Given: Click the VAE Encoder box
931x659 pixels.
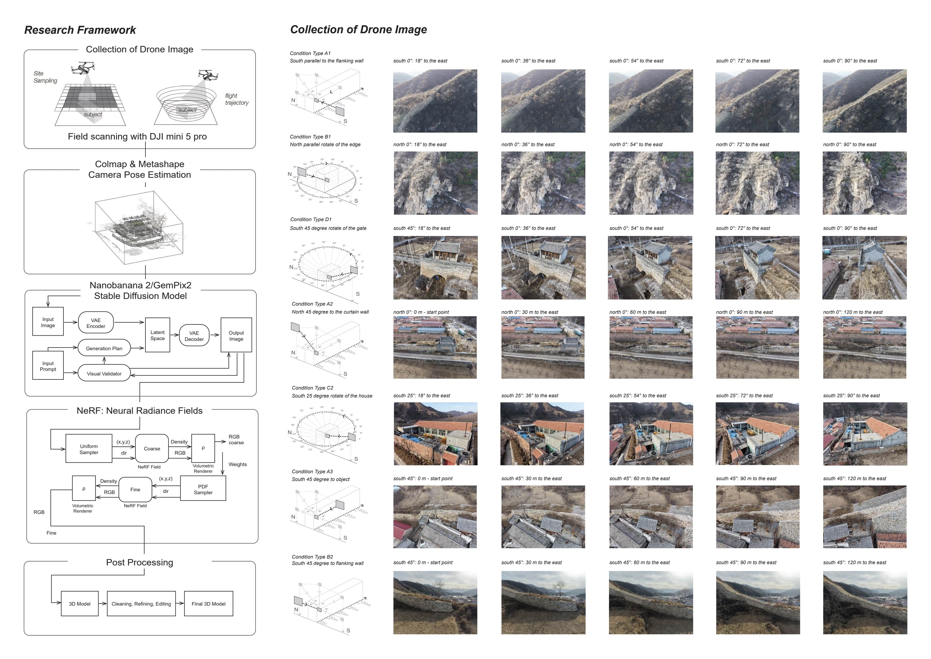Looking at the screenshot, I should pyautogui.click(x=96, y=323).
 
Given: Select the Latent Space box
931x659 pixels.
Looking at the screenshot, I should pyautogui.click(x=157, y=335).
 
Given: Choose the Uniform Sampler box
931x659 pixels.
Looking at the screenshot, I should pyautogui.click(x=89, y=449).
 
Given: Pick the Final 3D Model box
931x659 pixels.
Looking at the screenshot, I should pyautogui.click(x=208, y=604).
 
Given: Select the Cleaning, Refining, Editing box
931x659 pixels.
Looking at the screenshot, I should pyautogui.click(x=141, y=604).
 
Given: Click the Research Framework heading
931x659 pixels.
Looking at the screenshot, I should pyautogui.click(x=80, y=30).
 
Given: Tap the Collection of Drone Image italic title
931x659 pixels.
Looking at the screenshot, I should pyautogui.click(x=358, y=29).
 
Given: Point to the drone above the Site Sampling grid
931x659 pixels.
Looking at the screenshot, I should pyautogui.click(x=83, y=68).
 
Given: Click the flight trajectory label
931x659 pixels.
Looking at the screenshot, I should pyautogui.click(x=237, y=99).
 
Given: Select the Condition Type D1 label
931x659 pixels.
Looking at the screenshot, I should pyautogui.click(x=311, y=219).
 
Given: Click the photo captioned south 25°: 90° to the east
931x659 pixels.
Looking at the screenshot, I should pyautogui.click(x=865, y=434).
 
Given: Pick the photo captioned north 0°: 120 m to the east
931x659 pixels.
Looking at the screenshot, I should pyautogui.click(x=864, y=347).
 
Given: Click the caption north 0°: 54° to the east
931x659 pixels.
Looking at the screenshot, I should pyautogui.click(x=636, y=145).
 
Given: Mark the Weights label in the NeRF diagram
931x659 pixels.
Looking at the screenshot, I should pyautogui.click(x=238, y=464).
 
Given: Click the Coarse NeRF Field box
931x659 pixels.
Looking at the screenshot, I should pyautogui.click(x=152, y=448).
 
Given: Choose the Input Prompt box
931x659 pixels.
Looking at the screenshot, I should pyautogui.click(x=48, y=366).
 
